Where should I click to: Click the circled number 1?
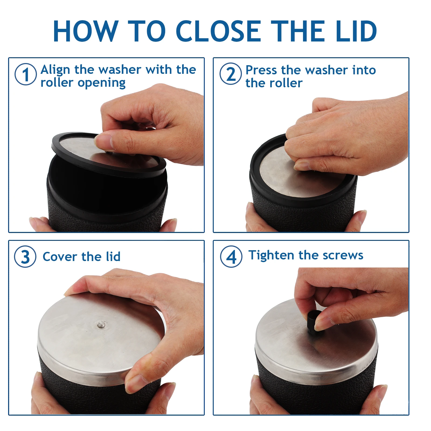click(x=26, y=74)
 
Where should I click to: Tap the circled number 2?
click(x=231, y=74)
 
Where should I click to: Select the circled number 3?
click(x=25, y=256)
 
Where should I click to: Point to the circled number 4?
click(x=231, y=256)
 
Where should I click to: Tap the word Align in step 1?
click(x=56, y=70)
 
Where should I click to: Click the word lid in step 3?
click(x=113, y=256)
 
